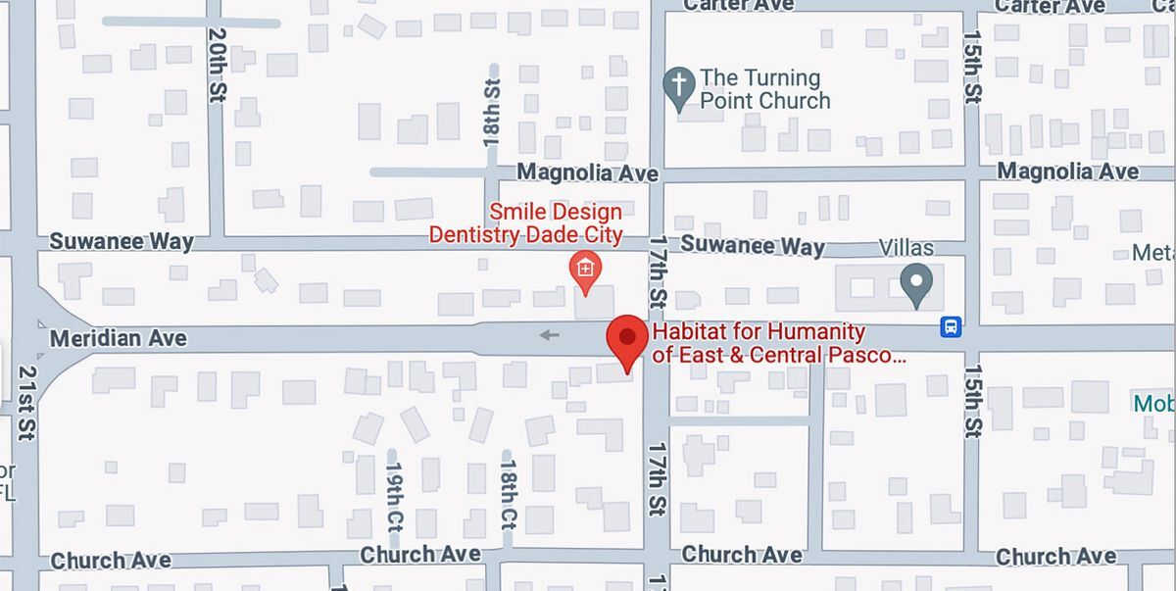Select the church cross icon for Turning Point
point(678,88)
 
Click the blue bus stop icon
point(951,327)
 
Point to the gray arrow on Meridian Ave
point(549,335)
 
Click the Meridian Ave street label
point(118,338)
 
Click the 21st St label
point(25,403)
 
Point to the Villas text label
point(906,248)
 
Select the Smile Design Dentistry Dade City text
point(526,223)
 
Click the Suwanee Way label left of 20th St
point(122,241)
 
